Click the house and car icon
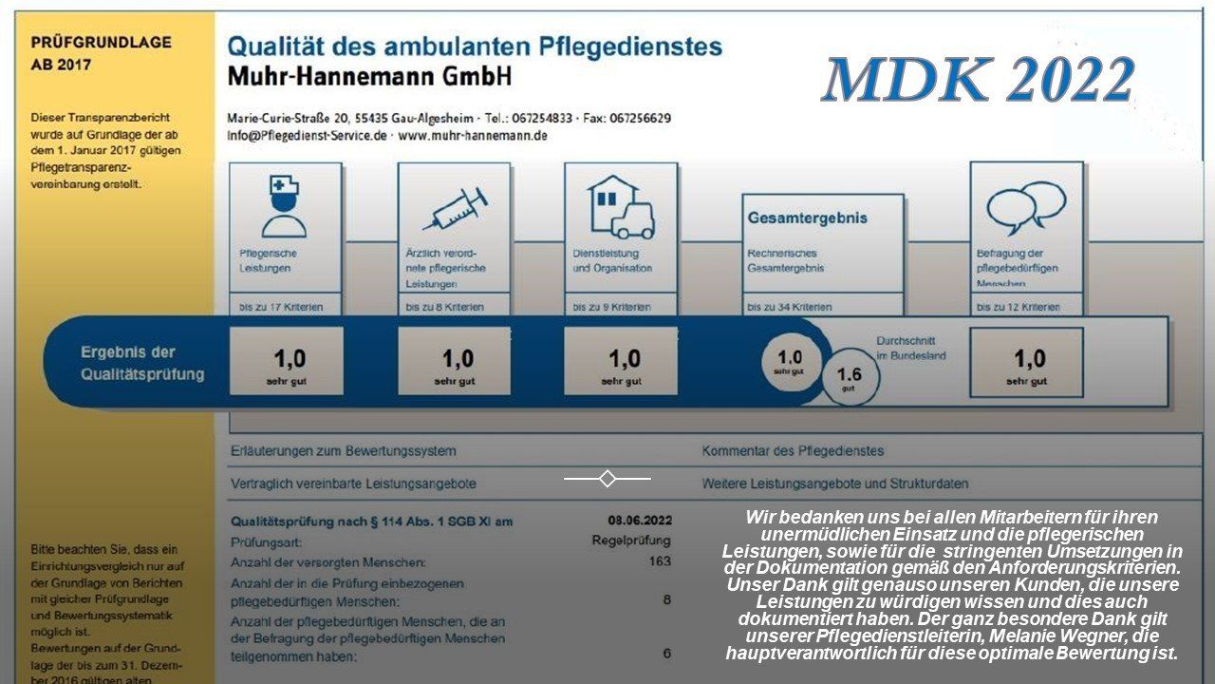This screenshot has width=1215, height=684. coord(621,207)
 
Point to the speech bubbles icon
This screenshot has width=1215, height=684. coord(1025,208)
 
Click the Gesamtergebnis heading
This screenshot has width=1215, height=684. coord(807,218)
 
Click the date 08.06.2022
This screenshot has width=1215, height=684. coord(640,520)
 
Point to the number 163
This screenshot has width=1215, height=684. coord(659,560)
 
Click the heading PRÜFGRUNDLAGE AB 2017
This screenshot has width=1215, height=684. coord(102,53)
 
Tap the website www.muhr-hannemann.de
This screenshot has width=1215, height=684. coord(473,136)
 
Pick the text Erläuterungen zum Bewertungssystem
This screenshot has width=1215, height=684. coord(344,451)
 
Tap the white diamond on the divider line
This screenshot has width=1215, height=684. coord(607,479)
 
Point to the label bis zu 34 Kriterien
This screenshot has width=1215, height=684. coord(790,307)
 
